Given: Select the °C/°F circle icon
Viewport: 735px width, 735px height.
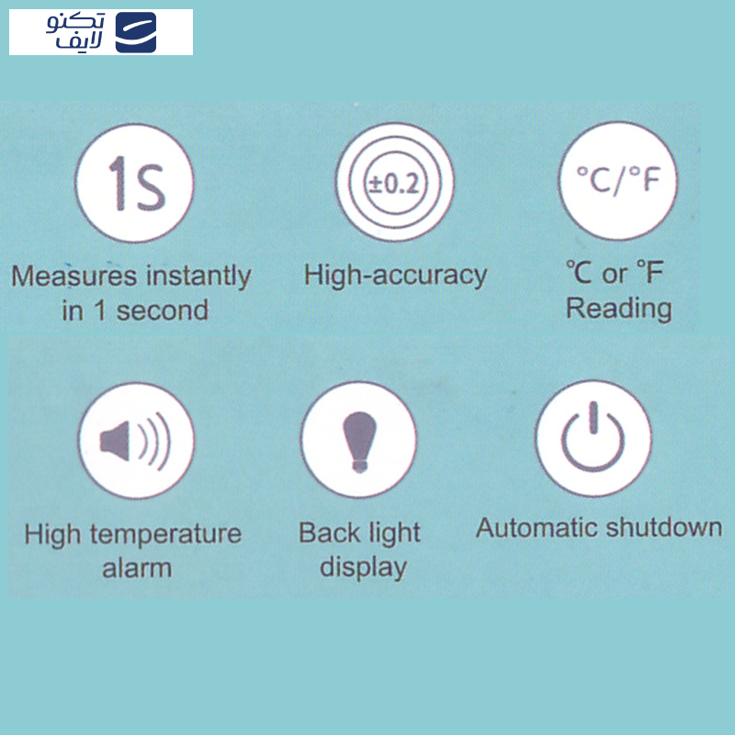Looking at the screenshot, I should tap(617, 180).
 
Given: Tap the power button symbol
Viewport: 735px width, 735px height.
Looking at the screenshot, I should tap(593, 438).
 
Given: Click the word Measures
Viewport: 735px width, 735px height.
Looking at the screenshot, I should tap(73, 276).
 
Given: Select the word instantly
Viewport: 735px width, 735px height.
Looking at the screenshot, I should tap(198, 276).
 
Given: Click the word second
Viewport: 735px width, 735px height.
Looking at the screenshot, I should tap(163, 311).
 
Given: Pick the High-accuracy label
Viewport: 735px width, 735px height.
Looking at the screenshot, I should tap(395, 274).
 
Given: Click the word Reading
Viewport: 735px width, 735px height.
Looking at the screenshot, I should tap(618, 308).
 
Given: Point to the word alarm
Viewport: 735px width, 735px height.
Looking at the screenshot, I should tap(136, 568).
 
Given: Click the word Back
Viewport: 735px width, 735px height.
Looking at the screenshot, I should tap(328, 533).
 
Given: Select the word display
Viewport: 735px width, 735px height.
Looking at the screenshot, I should tap(363, 567).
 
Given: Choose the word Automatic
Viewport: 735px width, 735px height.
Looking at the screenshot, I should tap(537, 528).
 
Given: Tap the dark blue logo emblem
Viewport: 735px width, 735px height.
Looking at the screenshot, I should tap(136, 33).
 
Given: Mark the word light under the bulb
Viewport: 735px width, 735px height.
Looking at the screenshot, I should tap(393, 534).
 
